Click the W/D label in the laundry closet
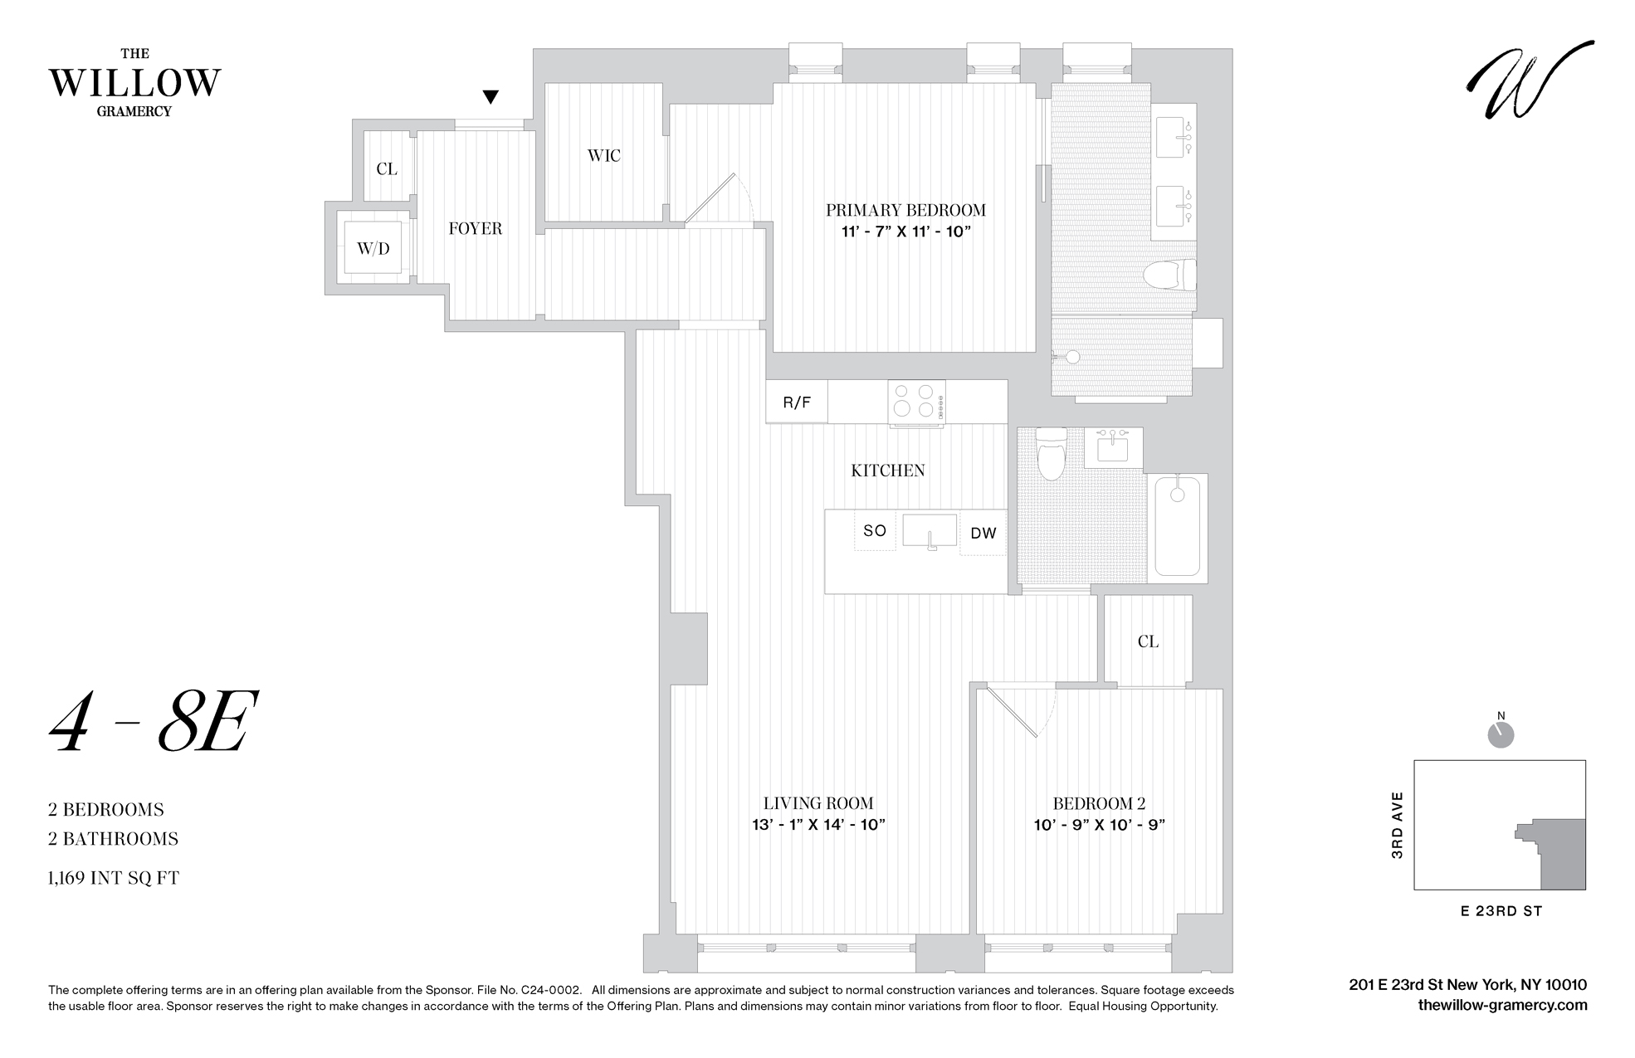coord(373,248)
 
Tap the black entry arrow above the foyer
coord(490,97)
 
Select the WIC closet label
coord(603,155)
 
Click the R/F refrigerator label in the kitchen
coord(797,402)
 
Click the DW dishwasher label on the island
coord(983,534)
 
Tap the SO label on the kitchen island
coord(875,531)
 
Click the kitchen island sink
coord(930,531)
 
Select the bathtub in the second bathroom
coord(1177,526)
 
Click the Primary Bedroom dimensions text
coord(905,232)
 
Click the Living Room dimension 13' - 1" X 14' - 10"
coord(818,825)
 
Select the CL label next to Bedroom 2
coord(1148,641)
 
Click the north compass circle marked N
coord(1501,734)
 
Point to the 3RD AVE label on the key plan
coord(1398,825)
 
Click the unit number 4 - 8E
coord(149,722)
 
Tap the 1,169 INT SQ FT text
coord(114,878)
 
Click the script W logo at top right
coord(1529,80)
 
